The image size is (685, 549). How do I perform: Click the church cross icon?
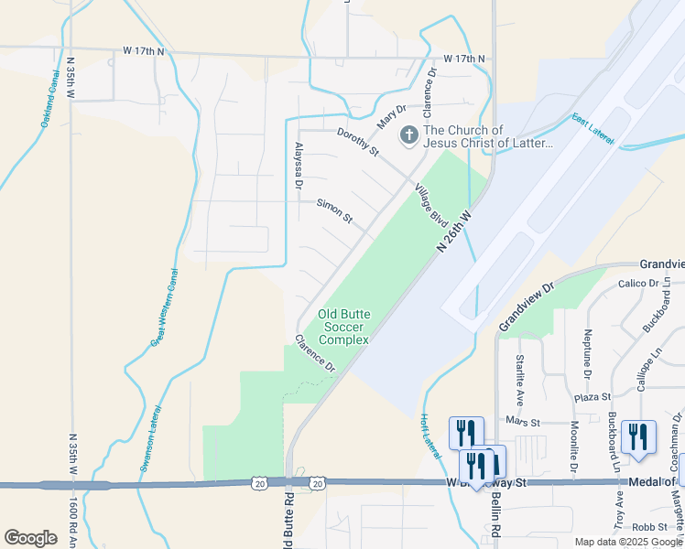click(x=408, y=135)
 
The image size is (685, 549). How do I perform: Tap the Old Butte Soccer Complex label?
click(x=343, y=327)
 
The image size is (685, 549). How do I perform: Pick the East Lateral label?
click(x=592, y=129)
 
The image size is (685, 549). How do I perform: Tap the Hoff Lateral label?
click(x=430, y=434)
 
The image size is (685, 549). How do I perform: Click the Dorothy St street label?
click(x=357, y=143)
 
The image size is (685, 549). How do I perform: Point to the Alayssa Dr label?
click(x=298, y=166)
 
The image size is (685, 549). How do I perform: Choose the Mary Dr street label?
click(x=391, y=116)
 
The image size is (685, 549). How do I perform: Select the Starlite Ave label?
click(x=520, y=381)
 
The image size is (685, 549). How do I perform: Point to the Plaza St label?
click(x=593, y=397)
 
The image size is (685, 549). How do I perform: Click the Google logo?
click(x=30, y=538)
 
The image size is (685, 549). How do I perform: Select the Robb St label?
click(x=650, y=527)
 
